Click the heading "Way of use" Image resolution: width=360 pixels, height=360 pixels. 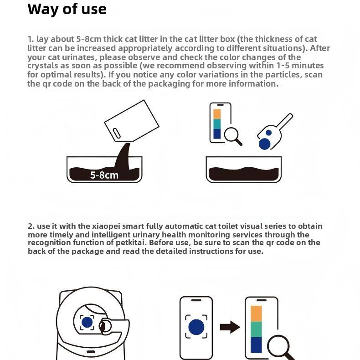point(67,10)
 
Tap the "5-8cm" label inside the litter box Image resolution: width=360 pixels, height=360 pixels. point(104,175)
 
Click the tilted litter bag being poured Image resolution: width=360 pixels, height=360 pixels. point(132,121)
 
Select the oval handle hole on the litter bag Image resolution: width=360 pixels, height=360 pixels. point(117,133)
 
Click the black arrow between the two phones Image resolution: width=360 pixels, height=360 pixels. point(230,327)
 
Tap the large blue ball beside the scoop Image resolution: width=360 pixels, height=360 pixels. point(264,144)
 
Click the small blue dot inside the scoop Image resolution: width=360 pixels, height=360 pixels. point(268,133)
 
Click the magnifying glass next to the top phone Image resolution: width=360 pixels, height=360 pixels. point(233,136)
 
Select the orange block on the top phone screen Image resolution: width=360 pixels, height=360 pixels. point(217,114)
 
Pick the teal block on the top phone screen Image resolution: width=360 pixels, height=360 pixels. point(217,124)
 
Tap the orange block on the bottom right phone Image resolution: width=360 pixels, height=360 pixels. point(256,314)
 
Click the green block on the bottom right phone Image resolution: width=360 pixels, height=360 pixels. point(256,329)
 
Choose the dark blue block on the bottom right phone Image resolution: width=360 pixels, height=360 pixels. point(256,345)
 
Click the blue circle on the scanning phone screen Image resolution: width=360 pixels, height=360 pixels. point(196,327)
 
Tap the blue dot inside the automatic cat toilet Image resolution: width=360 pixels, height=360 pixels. point(87,322)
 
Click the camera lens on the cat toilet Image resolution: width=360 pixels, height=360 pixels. point(103,326)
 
